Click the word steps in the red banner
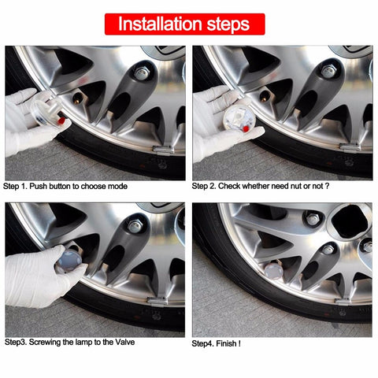(x=228, y=24)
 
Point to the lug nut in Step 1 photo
(x=143, y=73)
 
